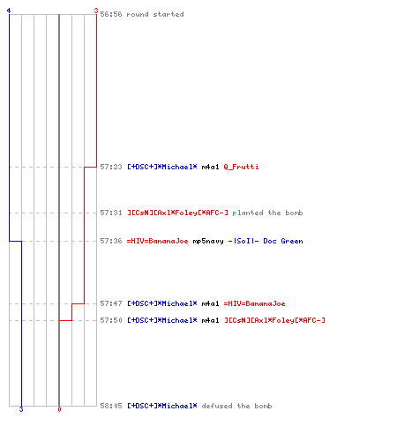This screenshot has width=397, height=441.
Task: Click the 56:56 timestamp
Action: click(111, 14)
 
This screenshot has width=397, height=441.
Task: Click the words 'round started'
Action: click(155, 14)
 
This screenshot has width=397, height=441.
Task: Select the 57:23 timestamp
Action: click(111, 167)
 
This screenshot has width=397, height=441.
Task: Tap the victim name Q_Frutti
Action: click(241, 167)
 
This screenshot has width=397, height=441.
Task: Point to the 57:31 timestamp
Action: click(111, 213)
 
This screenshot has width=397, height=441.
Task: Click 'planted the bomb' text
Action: click(267, 213)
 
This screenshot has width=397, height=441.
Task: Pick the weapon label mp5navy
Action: click(208, 241)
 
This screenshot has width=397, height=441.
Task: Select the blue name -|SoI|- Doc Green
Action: click(266, 241)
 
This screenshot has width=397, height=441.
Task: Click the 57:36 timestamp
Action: click(111, 241)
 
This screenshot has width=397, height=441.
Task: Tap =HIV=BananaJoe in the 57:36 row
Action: click(157, 241)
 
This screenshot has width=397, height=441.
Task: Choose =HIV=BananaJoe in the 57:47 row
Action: click(254, 303)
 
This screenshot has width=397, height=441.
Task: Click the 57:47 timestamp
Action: click(111, 303)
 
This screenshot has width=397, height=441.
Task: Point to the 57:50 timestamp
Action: click(111, 320)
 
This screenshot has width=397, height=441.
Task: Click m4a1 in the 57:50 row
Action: click(210, 320)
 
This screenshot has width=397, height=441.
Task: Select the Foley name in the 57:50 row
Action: click(274, 320)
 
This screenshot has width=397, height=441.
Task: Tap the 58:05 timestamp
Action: click(111, 406)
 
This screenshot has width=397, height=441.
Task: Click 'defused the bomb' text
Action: click(236, 406)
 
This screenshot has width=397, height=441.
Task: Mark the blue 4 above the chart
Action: click(9, 11)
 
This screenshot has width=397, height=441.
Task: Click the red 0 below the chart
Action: click(59, 409)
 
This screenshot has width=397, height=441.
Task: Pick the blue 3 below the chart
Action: click(21, 409)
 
